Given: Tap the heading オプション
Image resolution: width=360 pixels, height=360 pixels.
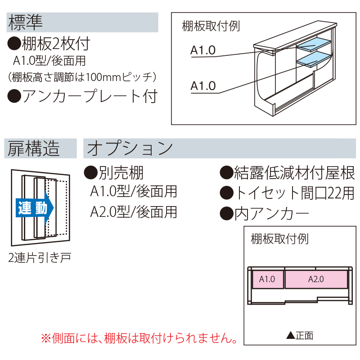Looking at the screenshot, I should (x=130, y=148).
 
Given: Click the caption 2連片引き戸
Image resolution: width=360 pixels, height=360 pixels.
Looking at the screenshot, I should (x=40, y=258).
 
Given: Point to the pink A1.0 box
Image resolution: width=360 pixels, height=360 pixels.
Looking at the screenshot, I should (x=267, y=279).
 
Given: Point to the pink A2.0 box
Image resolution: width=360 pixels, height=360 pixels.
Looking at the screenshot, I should (x=316, y=279).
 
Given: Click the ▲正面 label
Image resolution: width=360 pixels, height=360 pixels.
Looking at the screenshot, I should (x=300, y=335).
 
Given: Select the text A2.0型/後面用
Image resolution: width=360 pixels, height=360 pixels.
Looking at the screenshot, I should (x=134, y=211).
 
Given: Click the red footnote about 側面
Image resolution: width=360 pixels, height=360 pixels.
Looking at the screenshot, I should (x=139, y=337).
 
